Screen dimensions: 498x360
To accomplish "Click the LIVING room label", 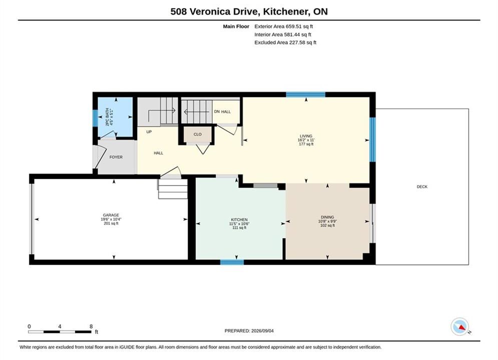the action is coord(306,136).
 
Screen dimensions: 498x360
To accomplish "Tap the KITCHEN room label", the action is coord(239,219).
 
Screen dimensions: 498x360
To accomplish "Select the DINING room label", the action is coord(327,217).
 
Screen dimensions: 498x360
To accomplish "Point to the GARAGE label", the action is coord(111,215).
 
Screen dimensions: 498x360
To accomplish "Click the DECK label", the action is coord(422,187).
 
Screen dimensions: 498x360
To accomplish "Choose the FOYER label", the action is coord(116,157).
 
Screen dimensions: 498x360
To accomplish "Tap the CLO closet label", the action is coord(198,134).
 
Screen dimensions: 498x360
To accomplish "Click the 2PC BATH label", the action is coord(107,117).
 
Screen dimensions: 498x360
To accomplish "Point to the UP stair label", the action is coord(149,131).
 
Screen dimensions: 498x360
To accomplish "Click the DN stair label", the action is coord(217,111).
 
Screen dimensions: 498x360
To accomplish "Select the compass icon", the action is coord(460,326).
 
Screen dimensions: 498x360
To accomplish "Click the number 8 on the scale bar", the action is coord(91,326).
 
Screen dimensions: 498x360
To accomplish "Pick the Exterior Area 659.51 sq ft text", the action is coord(284,26).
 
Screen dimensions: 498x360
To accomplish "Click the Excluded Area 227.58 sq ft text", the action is coord(285,42).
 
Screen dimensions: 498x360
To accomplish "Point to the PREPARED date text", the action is coord(249,331).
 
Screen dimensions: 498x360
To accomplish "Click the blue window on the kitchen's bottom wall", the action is coord(232,262).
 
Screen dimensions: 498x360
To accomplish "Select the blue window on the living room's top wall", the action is coord(305,94).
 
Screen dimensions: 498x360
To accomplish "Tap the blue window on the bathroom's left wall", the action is coord(95,118).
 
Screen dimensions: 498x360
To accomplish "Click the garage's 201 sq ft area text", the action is coord(111,223).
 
